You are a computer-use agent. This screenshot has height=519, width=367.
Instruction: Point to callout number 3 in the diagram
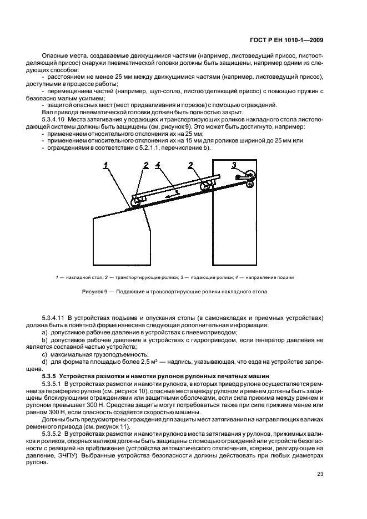coord(234,164)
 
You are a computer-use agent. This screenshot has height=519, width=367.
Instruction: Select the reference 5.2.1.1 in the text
coord(147,147)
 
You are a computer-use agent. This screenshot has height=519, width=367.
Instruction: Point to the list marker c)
coord(44,354)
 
